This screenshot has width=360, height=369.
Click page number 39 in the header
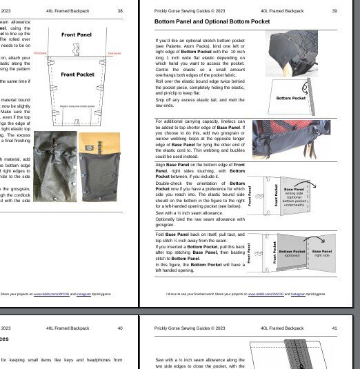[334, 11]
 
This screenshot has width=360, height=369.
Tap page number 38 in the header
[120, 11]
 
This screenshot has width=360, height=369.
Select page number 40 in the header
[120, 328]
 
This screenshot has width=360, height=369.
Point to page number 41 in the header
[334, 328]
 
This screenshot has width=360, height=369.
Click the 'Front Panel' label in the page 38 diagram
[77, 34]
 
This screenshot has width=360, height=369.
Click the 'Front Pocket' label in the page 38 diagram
[77, 74]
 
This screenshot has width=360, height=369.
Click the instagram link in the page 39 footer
[297, 294]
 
